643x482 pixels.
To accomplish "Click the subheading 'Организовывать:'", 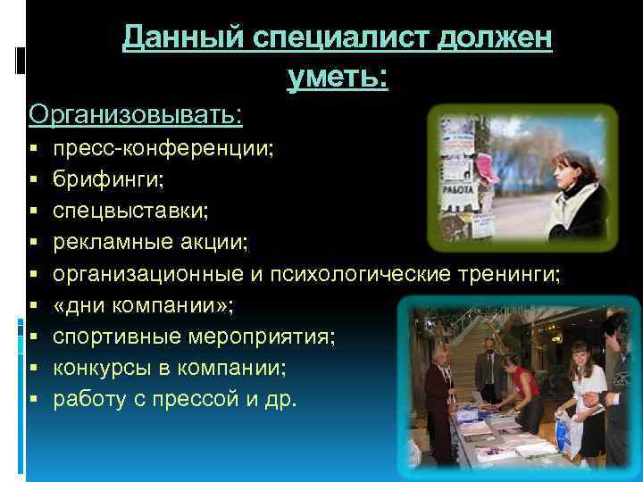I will (136, 115).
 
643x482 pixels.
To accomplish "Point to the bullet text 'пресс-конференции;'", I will (163, 147).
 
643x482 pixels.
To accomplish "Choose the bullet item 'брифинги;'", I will (108, 179).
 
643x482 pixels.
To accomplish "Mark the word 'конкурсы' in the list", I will (96, 367).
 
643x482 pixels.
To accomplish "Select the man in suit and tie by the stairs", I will (487, 370).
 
